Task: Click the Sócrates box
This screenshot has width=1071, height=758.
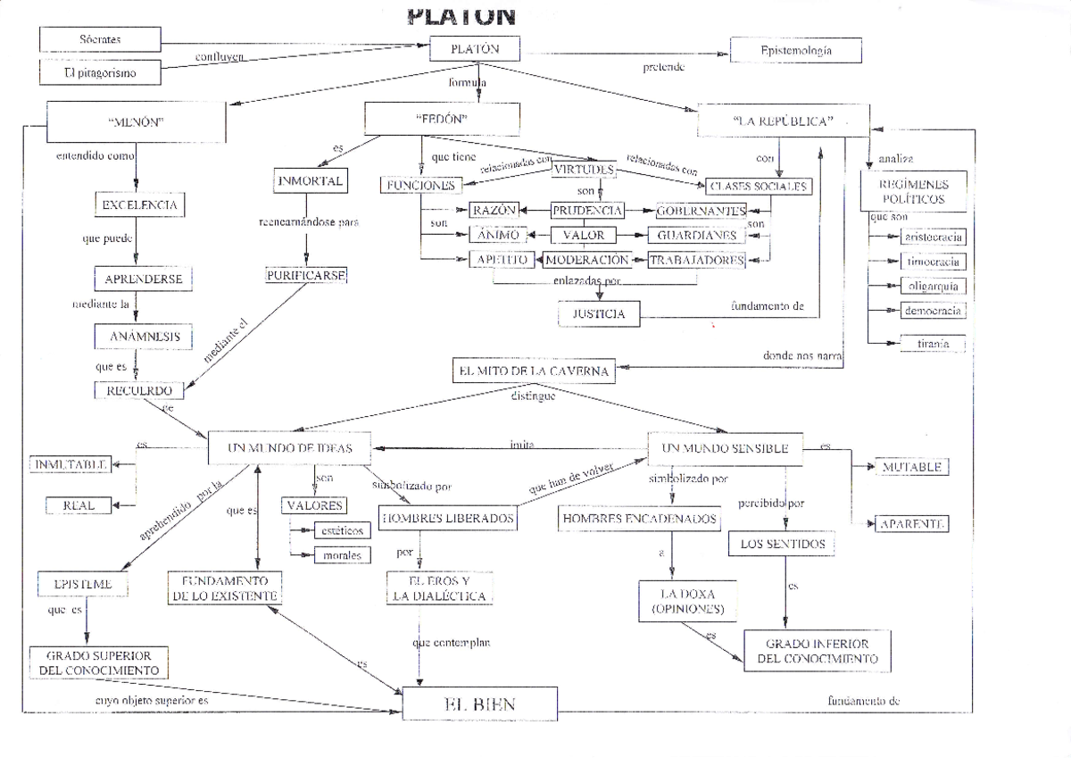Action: pos(100,39)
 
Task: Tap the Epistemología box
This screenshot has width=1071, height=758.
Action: pos(796,51)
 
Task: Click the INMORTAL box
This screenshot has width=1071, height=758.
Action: pos(310,181)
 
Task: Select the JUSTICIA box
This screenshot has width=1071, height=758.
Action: pos(599,314)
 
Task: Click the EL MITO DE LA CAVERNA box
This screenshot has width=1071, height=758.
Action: pos(534,371)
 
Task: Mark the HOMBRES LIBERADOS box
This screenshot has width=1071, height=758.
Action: pos(448,518)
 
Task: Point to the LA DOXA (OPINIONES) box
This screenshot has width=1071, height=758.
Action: pos(687,602)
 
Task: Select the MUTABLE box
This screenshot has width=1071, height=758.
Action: pos(910,467)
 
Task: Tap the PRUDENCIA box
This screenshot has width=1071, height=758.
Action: pos(586,211)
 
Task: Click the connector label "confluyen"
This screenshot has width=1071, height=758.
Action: pos(220,58)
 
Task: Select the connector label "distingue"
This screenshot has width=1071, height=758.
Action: pos(533,396)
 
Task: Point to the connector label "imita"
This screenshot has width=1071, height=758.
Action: pos(521,443)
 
